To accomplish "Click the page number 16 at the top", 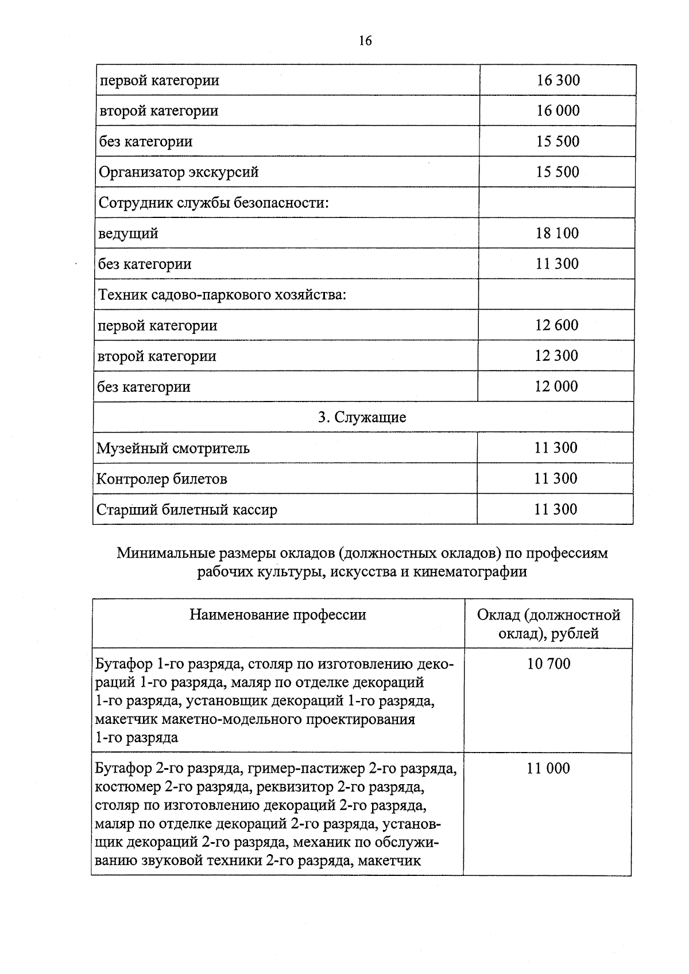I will click(x=365, y=41).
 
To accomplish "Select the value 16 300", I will click(x=558, y=80).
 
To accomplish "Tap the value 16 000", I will click(x=558, y=111).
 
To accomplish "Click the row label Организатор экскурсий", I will click(x=179, y=172).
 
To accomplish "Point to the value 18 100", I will click(x=557, y=233).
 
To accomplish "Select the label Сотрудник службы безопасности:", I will click(x=214, y=203).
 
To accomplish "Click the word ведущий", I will click(x=128, y=233).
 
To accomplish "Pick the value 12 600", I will click(x=556, y=325).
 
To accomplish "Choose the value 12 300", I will click(x=556, y=356).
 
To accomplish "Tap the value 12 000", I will click(x=556, y=387).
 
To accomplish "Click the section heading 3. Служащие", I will click(x=362, y=417).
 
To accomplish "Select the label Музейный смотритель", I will click(x=173, y=448).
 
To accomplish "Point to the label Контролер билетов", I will click(x=161, y=479).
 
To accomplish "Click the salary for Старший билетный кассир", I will click(x=555, y=509).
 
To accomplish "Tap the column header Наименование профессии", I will click(x=278, y=615).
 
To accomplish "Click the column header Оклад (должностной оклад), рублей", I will click(x=548, y=624).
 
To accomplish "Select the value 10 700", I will click(x=548, y=664).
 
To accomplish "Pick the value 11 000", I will click(x=548, y=769).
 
